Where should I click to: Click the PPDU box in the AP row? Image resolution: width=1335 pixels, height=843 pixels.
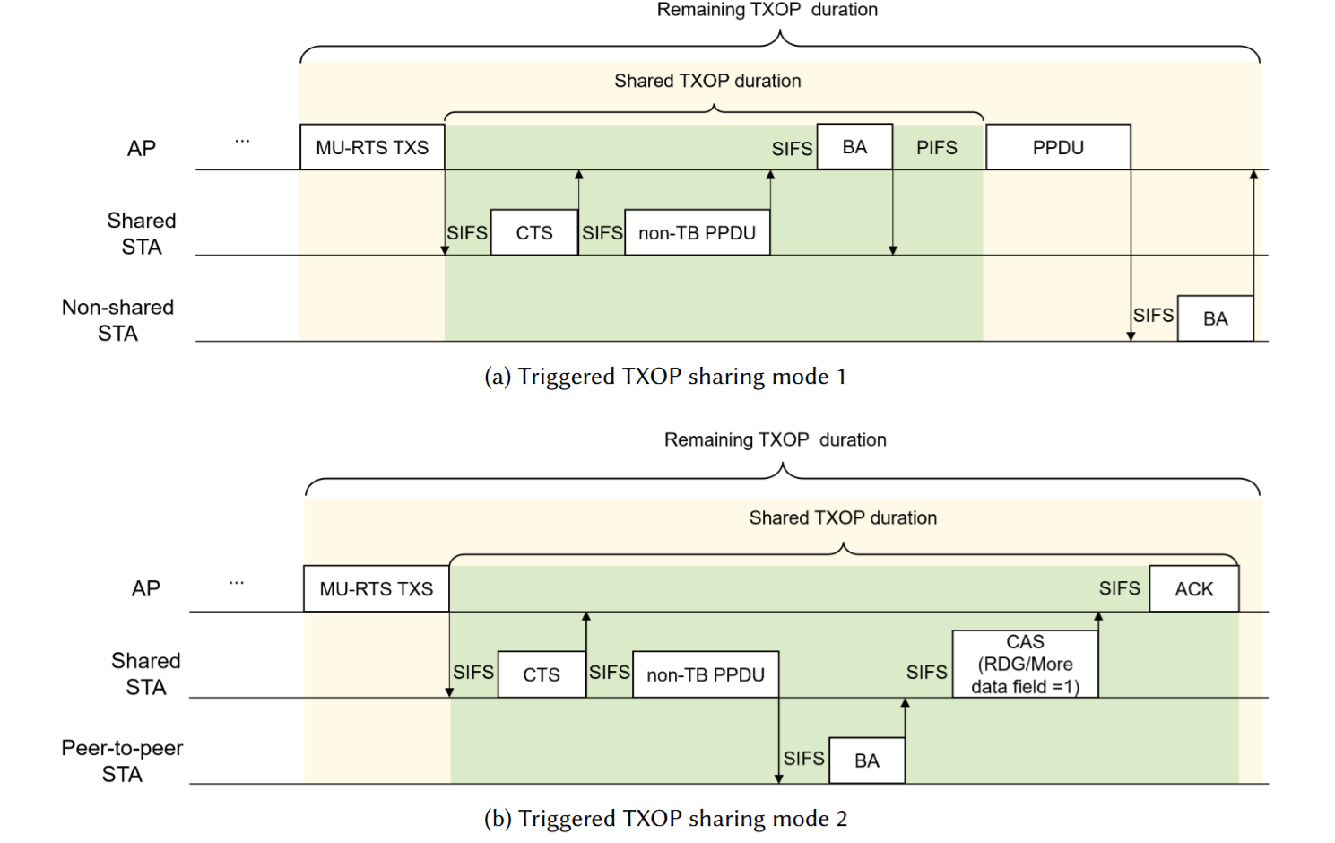(1058, 147)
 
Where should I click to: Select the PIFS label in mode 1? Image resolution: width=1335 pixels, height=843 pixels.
(937, 148)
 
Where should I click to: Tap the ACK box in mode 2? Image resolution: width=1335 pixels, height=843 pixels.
(1193, 589)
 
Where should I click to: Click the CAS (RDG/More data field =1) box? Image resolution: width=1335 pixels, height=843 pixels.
(1025, 665)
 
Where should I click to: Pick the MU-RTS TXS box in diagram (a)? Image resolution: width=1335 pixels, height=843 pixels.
(372, 147)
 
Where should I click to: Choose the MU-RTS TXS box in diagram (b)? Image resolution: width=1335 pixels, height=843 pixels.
(376, 589)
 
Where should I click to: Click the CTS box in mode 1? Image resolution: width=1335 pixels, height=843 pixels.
(534, 233)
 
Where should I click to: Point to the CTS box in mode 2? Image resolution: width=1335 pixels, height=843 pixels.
(541, 675)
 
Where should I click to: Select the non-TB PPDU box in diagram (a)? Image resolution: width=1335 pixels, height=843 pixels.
(697, 233)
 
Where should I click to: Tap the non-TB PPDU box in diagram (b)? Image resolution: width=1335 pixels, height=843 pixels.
(706, 675)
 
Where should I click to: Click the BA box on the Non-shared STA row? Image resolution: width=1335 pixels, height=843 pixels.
(1215, 319)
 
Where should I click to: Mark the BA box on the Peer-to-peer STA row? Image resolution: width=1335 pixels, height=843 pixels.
(866, 761)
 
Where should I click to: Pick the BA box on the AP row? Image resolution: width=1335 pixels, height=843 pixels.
(854, 147)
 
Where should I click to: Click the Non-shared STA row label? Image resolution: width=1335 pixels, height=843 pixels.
(117, 320)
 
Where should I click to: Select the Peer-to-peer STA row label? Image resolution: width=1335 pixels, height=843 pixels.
(122, 761)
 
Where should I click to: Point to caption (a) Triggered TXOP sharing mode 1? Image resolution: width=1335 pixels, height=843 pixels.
(664, 377)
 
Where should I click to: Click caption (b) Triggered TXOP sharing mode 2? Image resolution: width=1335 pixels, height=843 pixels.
(665, 819)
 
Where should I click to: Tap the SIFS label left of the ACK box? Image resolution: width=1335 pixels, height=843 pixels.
(1120, 588)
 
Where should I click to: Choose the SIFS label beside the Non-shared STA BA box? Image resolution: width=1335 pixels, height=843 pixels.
(1153, 316)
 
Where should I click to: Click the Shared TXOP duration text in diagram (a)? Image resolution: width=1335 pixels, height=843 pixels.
(707, 81)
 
